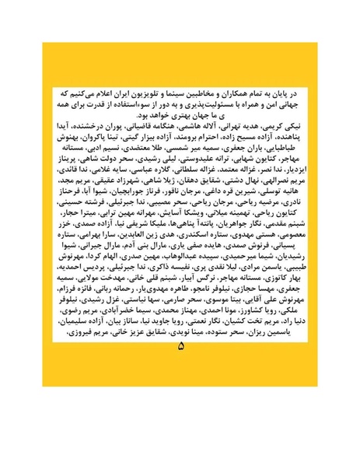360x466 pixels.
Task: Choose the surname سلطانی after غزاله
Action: click(x=176, y=167)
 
